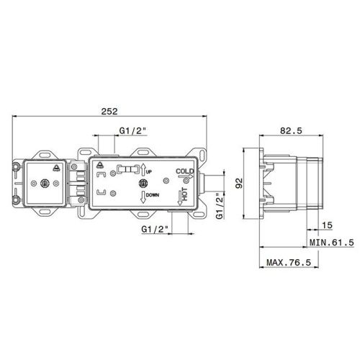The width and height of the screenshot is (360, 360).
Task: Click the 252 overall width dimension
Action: click(x=109, y=112)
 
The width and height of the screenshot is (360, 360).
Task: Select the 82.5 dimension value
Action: click(x=291, y=131)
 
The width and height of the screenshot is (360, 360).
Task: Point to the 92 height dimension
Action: click(x=239, y=183)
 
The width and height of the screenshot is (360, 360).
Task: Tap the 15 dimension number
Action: click(x=327, y=225)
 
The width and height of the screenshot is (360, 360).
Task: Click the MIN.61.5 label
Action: click(x=332, y=243)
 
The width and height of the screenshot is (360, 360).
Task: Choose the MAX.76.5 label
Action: click(x=289, y=262)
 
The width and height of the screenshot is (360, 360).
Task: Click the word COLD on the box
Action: click(x=184, y=171)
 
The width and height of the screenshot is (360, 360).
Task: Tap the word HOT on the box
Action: click(x=185, y=194)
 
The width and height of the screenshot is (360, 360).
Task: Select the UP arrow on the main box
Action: click(x=143, y=170)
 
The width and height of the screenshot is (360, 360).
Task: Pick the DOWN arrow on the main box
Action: click(x=143, y=197)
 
